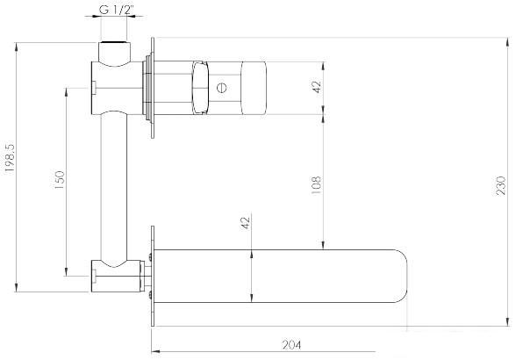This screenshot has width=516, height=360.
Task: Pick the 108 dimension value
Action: (317, 184)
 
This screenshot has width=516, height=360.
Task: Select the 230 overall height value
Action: (501, 186)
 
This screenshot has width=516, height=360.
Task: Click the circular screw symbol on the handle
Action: (222, 87)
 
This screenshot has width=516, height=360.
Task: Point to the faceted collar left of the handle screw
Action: (198, 87)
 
